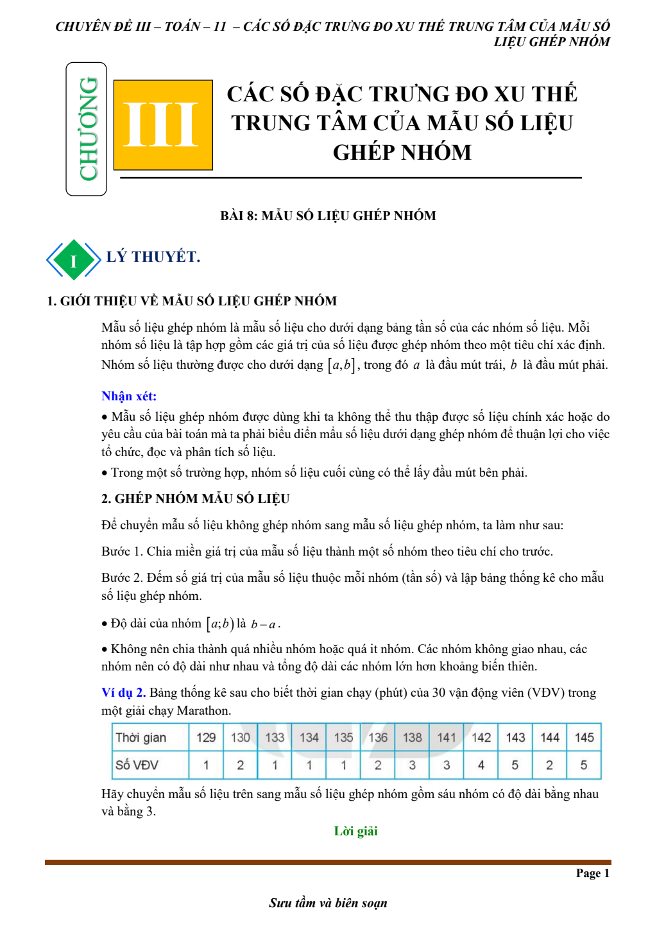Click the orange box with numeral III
click(x=163, y=124)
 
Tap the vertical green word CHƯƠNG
click(x=88, y=129)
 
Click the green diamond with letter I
click(x=73, y=260)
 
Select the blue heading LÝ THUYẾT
click(x=153, y=257)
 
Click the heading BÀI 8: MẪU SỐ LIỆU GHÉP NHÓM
click(x=328, y=216)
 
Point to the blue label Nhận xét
click(x=129, y=396)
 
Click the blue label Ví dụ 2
click(x=123, y=692)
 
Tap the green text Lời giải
click(x=355, y=831)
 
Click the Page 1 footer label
click(x=592, y=873)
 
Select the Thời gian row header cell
click(x=150, y=737)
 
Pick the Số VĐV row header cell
click(x=150, y=765)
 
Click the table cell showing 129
click(x=206, y=737)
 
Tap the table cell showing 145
click(x=584, y=737)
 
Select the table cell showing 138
click(x=412, y=737)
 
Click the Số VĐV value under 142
click(x=481, y=765)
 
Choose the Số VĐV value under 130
click(x=240, y=765)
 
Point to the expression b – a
click(x=263, y=624)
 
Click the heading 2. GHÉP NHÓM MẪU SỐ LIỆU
click(x=195, y=499)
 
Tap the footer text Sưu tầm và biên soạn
click(x=328, y=903)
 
